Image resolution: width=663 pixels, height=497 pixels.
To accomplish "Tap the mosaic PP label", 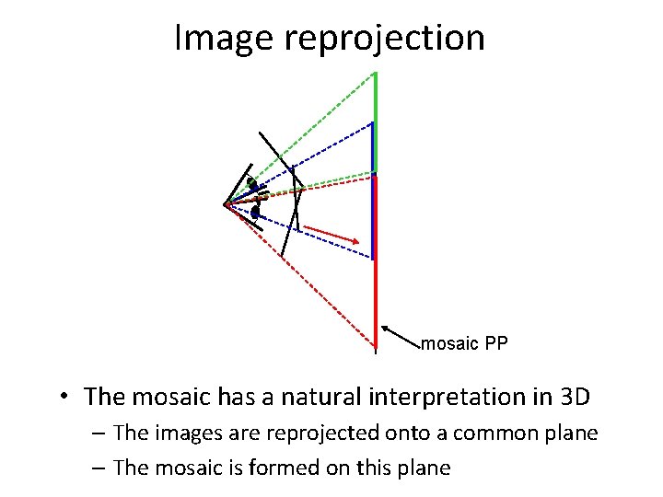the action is (464, 344).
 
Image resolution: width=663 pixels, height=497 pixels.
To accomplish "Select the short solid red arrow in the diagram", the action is (331, 234).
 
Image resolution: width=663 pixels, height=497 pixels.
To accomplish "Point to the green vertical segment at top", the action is (374, 120).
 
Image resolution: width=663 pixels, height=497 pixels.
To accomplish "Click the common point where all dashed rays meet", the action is (226, 204).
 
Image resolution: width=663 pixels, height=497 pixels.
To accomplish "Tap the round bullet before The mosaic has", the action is (62, 398).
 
